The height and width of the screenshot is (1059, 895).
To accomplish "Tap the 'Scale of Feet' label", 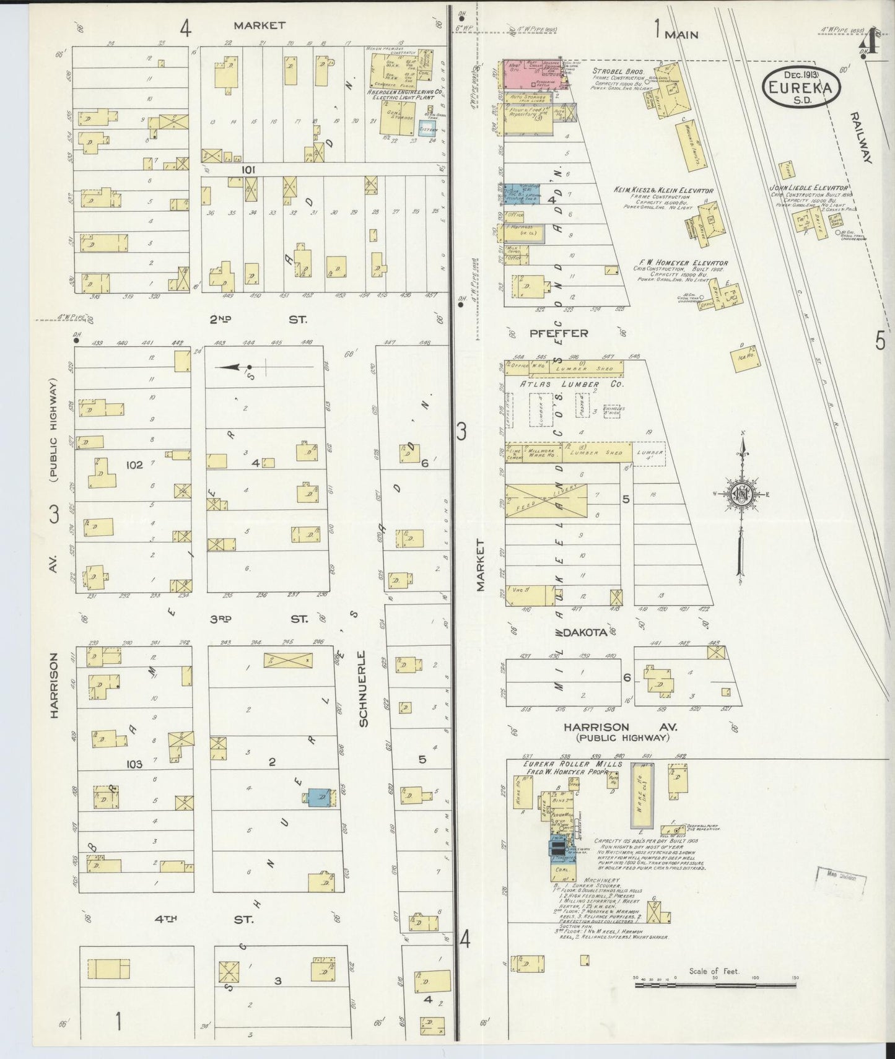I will (x=714, y=972).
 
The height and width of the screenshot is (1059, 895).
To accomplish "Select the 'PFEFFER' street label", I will (x=558, y=333).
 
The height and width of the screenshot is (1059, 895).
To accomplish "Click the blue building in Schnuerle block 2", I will (x=320, y=798).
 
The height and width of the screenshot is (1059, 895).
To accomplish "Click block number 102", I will (x=134, y=464).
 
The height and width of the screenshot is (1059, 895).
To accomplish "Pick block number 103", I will (x=134, y=764).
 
